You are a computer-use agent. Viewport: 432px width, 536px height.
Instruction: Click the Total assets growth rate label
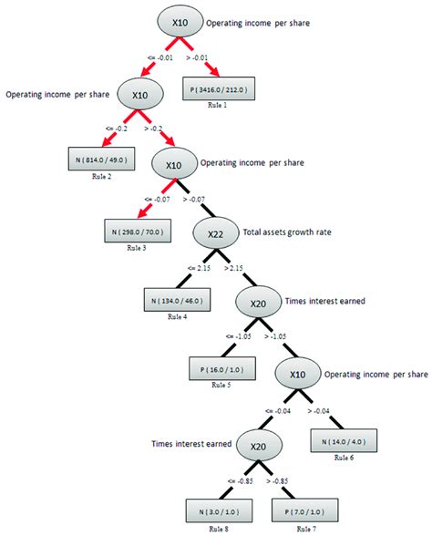[287, 232]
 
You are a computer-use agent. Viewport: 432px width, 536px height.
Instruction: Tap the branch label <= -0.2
[109, 127]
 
